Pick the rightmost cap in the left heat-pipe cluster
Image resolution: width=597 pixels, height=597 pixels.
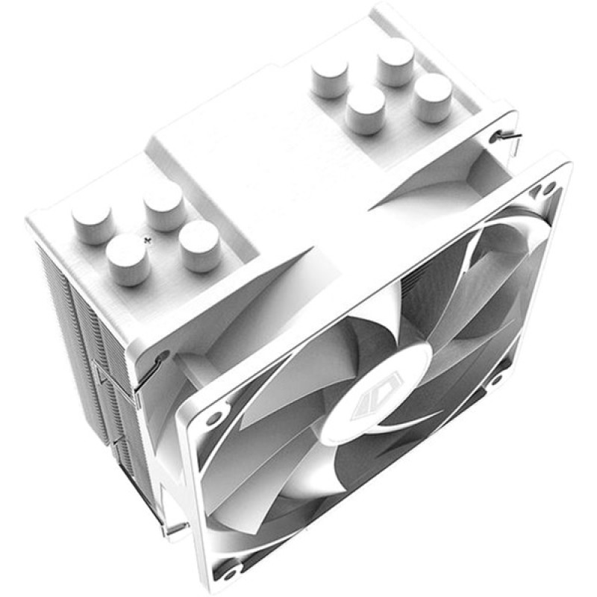click(200, 244)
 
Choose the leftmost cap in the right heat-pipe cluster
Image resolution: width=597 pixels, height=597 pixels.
click(330, 75)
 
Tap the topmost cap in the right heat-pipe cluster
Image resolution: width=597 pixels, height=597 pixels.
click(396, 59)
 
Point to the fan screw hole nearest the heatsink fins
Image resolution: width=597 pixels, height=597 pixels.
click(211, 415)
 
